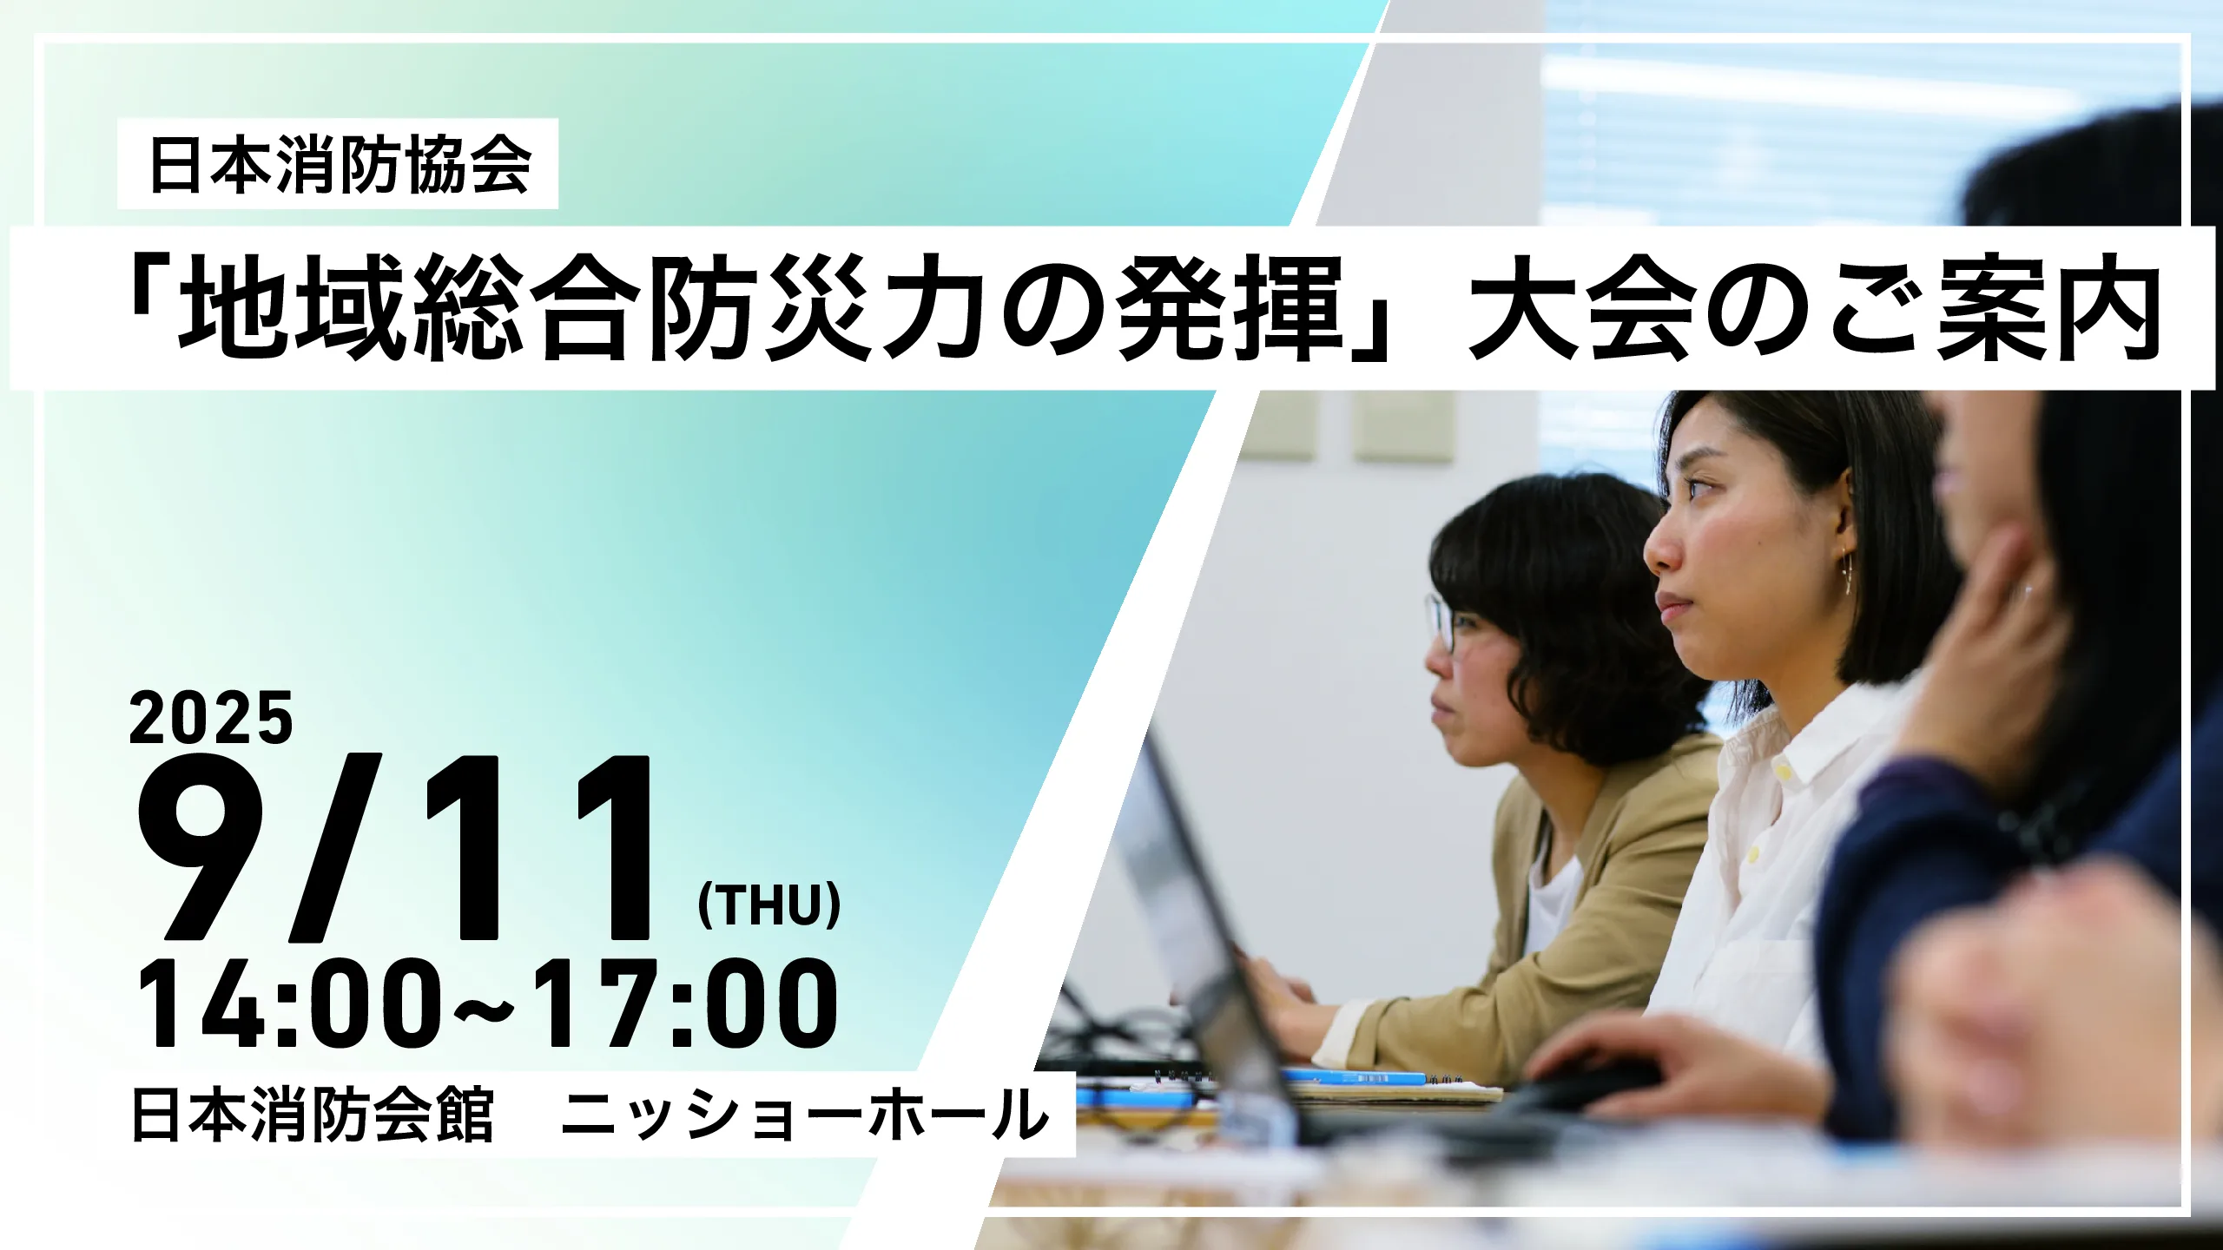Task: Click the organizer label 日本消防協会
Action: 340,164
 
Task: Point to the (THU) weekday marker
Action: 769,905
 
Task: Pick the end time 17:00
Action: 685,1004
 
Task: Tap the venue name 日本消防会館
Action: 313,1115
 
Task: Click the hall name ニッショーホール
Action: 804,1115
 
